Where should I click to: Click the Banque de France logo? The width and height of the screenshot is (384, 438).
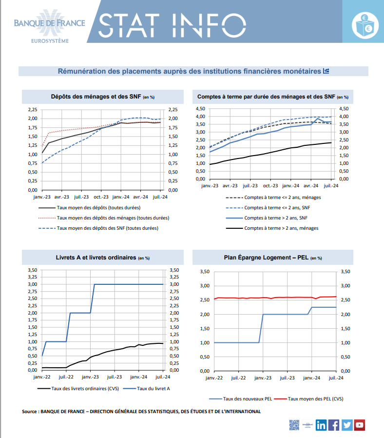tap(50, 26)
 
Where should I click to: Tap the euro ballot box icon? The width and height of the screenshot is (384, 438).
tap(365, 25)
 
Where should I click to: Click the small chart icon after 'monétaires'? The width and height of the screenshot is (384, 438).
tap(326, 71)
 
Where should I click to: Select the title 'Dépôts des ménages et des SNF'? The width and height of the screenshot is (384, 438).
tap(96, 97)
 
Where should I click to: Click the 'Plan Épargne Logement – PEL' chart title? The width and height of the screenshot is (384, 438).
tap(266, 258)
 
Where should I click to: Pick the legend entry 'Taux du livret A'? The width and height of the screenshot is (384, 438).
tap(146, 389)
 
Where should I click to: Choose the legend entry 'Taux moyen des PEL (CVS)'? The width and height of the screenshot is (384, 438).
tap(308, 399)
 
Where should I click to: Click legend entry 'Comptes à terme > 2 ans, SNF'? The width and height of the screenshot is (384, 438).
tap(267, 218)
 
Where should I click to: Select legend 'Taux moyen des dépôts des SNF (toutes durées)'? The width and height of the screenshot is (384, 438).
tap(98, 228)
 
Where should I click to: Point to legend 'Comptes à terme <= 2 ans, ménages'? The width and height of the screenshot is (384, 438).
tap(273, 198)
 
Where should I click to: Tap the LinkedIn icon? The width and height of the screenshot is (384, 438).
tap(321, 425)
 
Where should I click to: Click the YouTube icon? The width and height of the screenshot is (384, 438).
tap(360, 425)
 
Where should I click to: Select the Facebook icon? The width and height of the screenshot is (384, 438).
tap(334, 425)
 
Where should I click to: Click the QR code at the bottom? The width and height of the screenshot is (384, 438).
tap(294, 425)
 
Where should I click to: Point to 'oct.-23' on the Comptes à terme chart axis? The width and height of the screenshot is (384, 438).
tap(270, 186)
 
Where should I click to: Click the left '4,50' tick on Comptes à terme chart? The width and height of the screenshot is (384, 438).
tap(200, 109)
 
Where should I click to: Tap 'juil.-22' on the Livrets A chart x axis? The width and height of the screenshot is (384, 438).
tap(66, 377)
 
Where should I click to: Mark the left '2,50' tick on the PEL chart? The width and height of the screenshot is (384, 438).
tap(205, 300)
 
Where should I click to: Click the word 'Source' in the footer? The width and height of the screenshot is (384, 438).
tap(29, 412)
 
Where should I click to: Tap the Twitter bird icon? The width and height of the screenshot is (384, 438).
tap(347, 425)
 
